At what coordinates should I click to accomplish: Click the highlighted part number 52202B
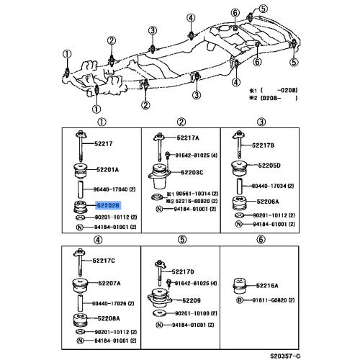103,205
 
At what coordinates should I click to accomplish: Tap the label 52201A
107,170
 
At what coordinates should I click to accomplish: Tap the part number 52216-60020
189,202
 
